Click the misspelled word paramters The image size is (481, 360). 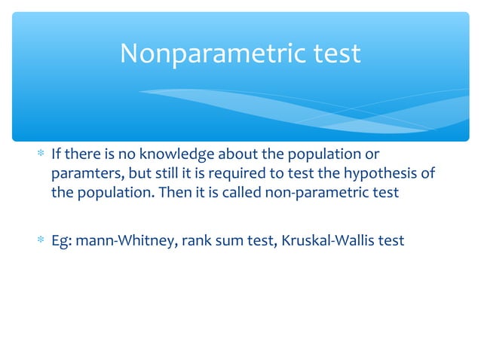pos(78,174)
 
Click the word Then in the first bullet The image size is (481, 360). pos(176,193)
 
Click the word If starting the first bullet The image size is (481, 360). pos(56,155)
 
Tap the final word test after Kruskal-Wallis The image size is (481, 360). pos(391,240)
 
